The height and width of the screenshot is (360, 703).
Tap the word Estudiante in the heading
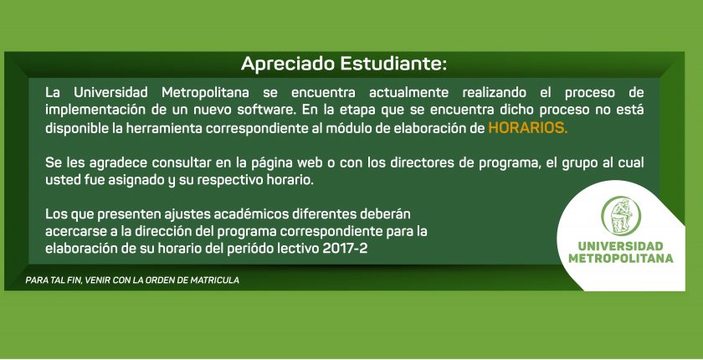tap(393, 64)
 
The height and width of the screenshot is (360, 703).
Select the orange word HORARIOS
tap(528, 128)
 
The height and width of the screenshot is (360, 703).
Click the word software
tap(259, 111)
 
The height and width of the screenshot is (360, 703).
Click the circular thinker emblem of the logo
tap(620, 216)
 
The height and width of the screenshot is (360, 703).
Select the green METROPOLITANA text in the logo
tap(620, 259)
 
